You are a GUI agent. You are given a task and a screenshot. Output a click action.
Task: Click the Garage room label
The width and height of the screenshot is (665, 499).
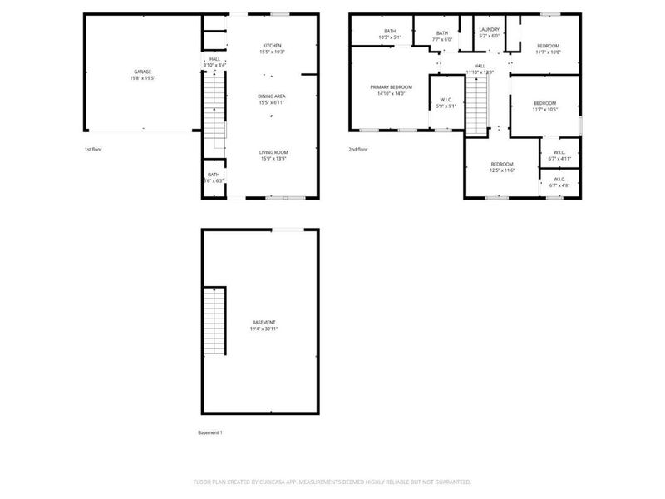[143, 72]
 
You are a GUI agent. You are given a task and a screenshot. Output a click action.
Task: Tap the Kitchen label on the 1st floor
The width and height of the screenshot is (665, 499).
[273, 46]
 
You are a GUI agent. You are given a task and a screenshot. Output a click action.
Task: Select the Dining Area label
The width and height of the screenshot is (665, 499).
[273, 96]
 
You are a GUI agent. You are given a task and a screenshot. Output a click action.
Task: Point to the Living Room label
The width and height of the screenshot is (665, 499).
[273, 152]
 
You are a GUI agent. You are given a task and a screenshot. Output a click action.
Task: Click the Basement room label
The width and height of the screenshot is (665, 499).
[264, 323]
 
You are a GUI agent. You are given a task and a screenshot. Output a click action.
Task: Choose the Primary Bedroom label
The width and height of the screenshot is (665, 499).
[390, 87]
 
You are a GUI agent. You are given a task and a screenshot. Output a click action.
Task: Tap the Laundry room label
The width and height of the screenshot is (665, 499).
[489, 30]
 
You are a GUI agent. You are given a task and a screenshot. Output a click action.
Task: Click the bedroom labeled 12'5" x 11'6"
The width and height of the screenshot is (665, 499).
[502, 165]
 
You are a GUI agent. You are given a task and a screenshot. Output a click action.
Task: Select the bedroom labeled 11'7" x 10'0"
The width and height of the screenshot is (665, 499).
[548, 46]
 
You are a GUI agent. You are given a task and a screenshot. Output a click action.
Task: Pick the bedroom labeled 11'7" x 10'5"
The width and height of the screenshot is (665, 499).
[544, 103]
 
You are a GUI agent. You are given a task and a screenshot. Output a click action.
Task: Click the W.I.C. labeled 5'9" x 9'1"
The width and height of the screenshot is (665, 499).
[446, 101]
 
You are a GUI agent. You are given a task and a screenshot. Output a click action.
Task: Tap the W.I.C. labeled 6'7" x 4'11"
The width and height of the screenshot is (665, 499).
[559, 156]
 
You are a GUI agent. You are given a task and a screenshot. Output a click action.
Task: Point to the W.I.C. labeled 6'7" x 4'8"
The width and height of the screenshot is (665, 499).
[559, 180]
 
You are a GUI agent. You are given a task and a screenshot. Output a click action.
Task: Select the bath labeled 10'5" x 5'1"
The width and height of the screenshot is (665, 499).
[390, 32]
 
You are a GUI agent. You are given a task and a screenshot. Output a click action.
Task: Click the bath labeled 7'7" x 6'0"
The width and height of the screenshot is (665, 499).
[442, 33]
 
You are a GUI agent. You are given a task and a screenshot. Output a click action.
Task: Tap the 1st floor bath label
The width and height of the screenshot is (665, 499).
[214, 175]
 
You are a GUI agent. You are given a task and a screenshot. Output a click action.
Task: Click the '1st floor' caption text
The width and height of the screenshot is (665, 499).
[93, 150]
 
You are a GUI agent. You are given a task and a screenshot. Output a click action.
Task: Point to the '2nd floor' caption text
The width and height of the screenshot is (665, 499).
[357, 150]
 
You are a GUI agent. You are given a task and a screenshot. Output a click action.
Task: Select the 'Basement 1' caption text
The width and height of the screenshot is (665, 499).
[210, 432]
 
